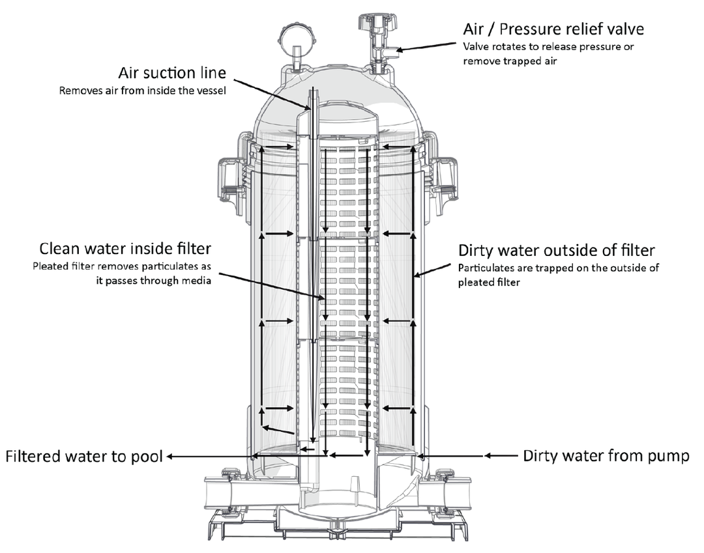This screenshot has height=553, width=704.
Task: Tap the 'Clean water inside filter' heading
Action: (125, 249)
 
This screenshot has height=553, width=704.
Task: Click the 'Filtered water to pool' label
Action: (83, 456)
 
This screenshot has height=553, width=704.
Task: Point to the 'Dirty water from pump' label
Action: (606, 456)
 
